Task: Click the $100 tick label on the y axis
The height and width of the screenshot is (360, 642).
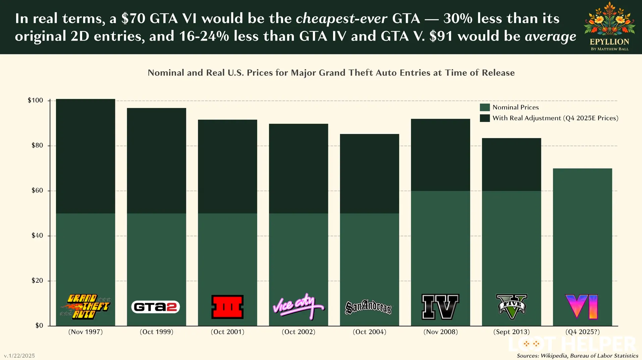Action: click(x=35, y=101)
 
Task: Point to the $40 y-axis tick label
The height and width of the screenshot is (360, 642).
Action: click(x=37, y=236)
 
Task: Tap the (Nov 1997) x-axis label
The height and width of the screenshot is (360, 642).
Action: click(x=86, y=332)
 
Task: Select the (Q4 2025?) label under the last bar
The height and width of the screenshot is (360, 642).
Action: click(x=582, y=332)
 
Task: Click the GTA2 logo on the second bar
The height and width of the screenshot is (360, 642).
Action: click(x=155, y=307)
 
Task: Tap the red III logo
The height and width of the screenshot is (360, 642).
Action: click(x=227, y=307)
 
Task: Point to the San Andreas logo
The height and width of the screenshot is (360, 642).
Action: click(x=368, y=307)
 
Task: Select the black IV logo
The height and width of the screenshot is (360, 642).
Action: click(x=440, y=307)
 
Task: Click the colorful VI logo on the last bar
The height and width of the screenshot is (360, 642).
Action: click(x=582, y=307)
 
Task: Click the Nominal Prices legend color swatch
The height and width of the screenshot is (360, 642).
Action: click(x=485, y=107)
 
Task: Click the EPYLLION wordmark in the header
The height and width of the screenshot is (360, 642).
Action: click(x=609, y=42)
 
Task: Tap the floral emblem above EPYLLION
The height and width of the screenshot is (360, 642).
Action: click(x=609, y=19)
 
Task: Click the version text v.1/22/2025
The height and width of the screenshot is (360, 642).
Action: click(x=19, y=356)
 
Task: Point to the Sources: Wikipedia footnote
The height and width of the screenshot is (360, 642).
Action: click(x=577, y=356)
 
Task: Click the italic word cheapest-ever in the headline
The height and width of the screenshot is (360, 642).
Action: click(x=341, y=18)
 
